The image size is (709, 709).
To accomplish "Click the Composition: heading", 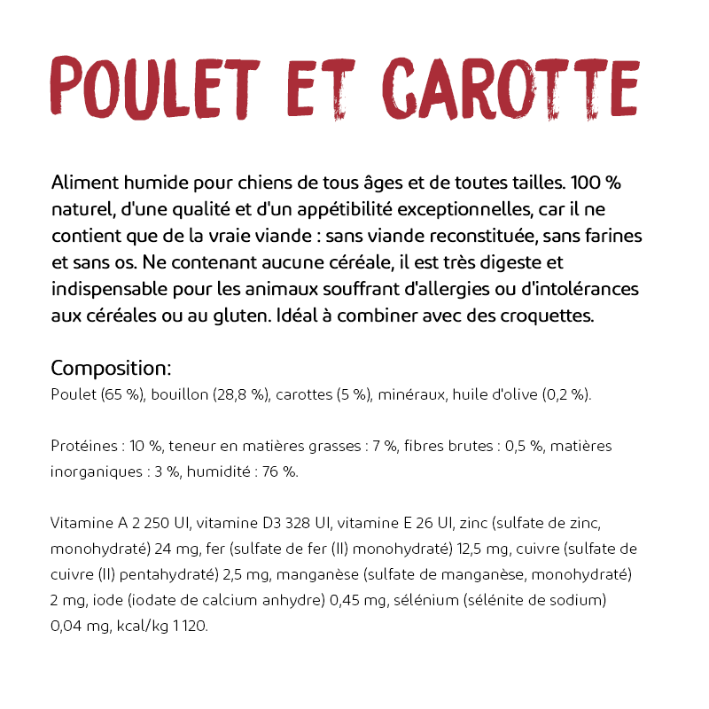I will [111, 368].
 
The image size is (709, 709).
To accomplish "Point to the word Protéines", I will [84, 446].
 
